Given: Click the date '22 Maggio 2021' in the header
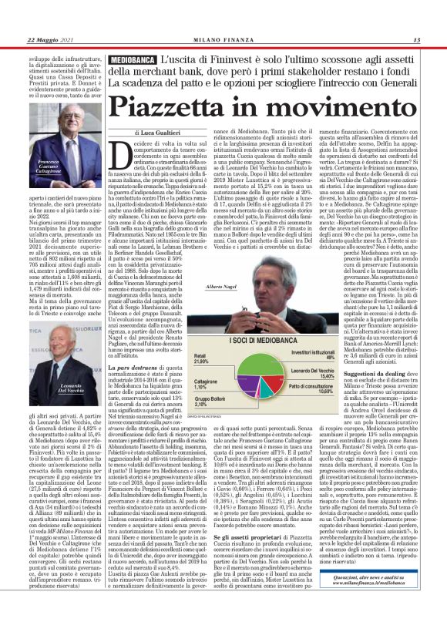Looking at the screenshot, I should click(x=49, y=40).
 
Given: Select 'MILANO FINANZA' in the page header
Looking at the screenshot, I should click(x=223, y=40).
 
